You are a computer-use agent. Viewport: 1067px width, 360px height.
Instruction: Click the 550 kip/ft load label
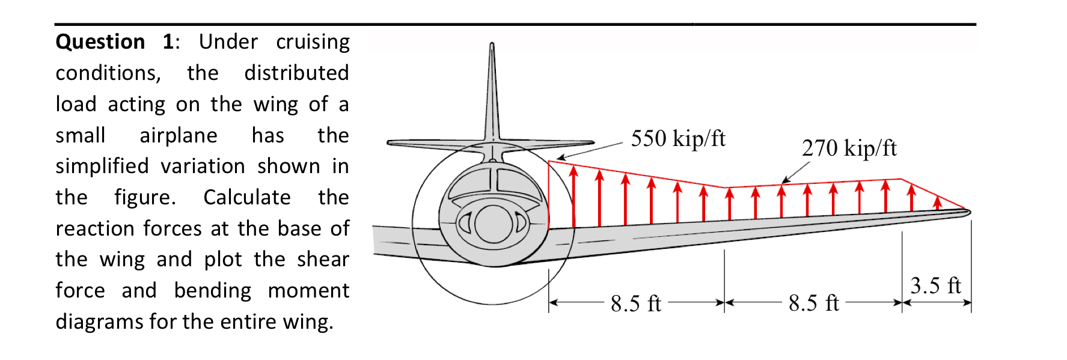tap(677, 139)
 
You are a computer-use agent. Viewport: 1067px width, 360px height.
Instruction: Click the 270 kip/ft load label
tap(849, 148)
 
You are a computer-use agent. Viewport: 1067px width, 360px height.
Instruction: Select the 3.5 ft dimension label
tap(935, 285)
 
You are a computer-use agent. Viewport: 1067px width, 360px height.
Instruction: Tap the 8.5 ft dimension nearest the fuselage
tap(635, 304)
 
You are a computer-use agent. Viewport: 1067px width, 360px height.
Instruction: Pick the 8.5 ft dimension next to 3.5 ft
tap(813, 303)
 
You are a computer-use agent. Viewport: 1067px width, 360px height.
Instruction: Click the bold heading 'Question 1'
tap(114, 41)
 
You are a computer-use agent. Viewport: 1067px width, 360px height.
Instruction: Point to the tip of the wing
tap(968, 212)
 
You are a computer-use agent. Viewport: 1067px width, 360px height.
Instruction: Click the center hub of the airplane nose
tap(493, 224)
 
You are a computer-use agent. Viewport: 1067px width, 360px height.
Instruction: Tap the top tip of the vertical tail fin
tap(492, 44)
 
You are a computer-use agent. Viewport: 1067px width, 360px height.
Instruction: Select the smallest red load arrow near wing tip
tap(937, 203)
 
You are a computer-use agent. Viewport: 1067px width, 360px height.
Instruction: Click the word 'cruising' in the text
tap(313, 41)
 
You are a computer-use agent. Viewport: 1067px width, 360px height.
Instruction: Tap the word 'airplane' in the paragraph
tap(178, 135)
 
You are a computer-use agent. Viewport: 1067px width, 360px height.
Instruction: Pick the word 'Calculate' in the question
tap(246, 197)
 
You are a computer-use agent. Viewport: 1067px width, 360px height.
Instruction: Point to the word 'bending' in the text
tap(212, 290)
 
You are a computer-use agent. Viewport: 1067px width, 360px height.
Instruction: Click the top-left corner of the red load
tap(549, 161)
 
